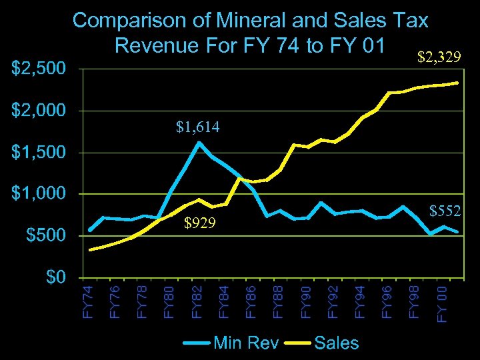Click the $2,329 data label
tap(439, 59)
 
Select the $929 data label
tap(199, 223)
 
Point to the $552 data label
tap(445, 211)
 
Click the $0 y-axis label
tap(55, 277)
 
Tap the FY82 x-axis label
tap(198, 302)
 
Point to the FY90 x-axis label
tap(307, 302)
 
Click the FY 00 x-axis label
tap(443, 303)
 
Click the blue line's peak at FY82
tap(199, 142)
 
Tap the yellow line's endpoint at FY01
tap(457, 83)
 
